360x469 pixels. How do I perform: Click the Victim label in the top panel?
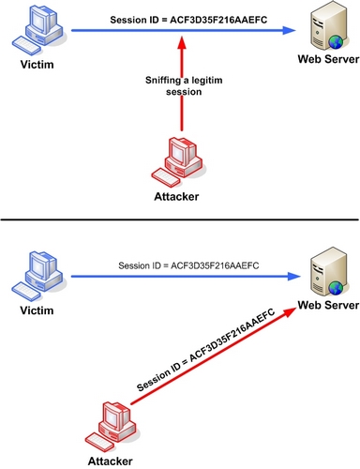point(37,68)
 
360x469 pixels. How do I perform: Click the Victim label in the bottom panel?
point(37,309)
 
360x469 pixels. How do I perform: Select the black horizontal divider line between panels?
point(180,222)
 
